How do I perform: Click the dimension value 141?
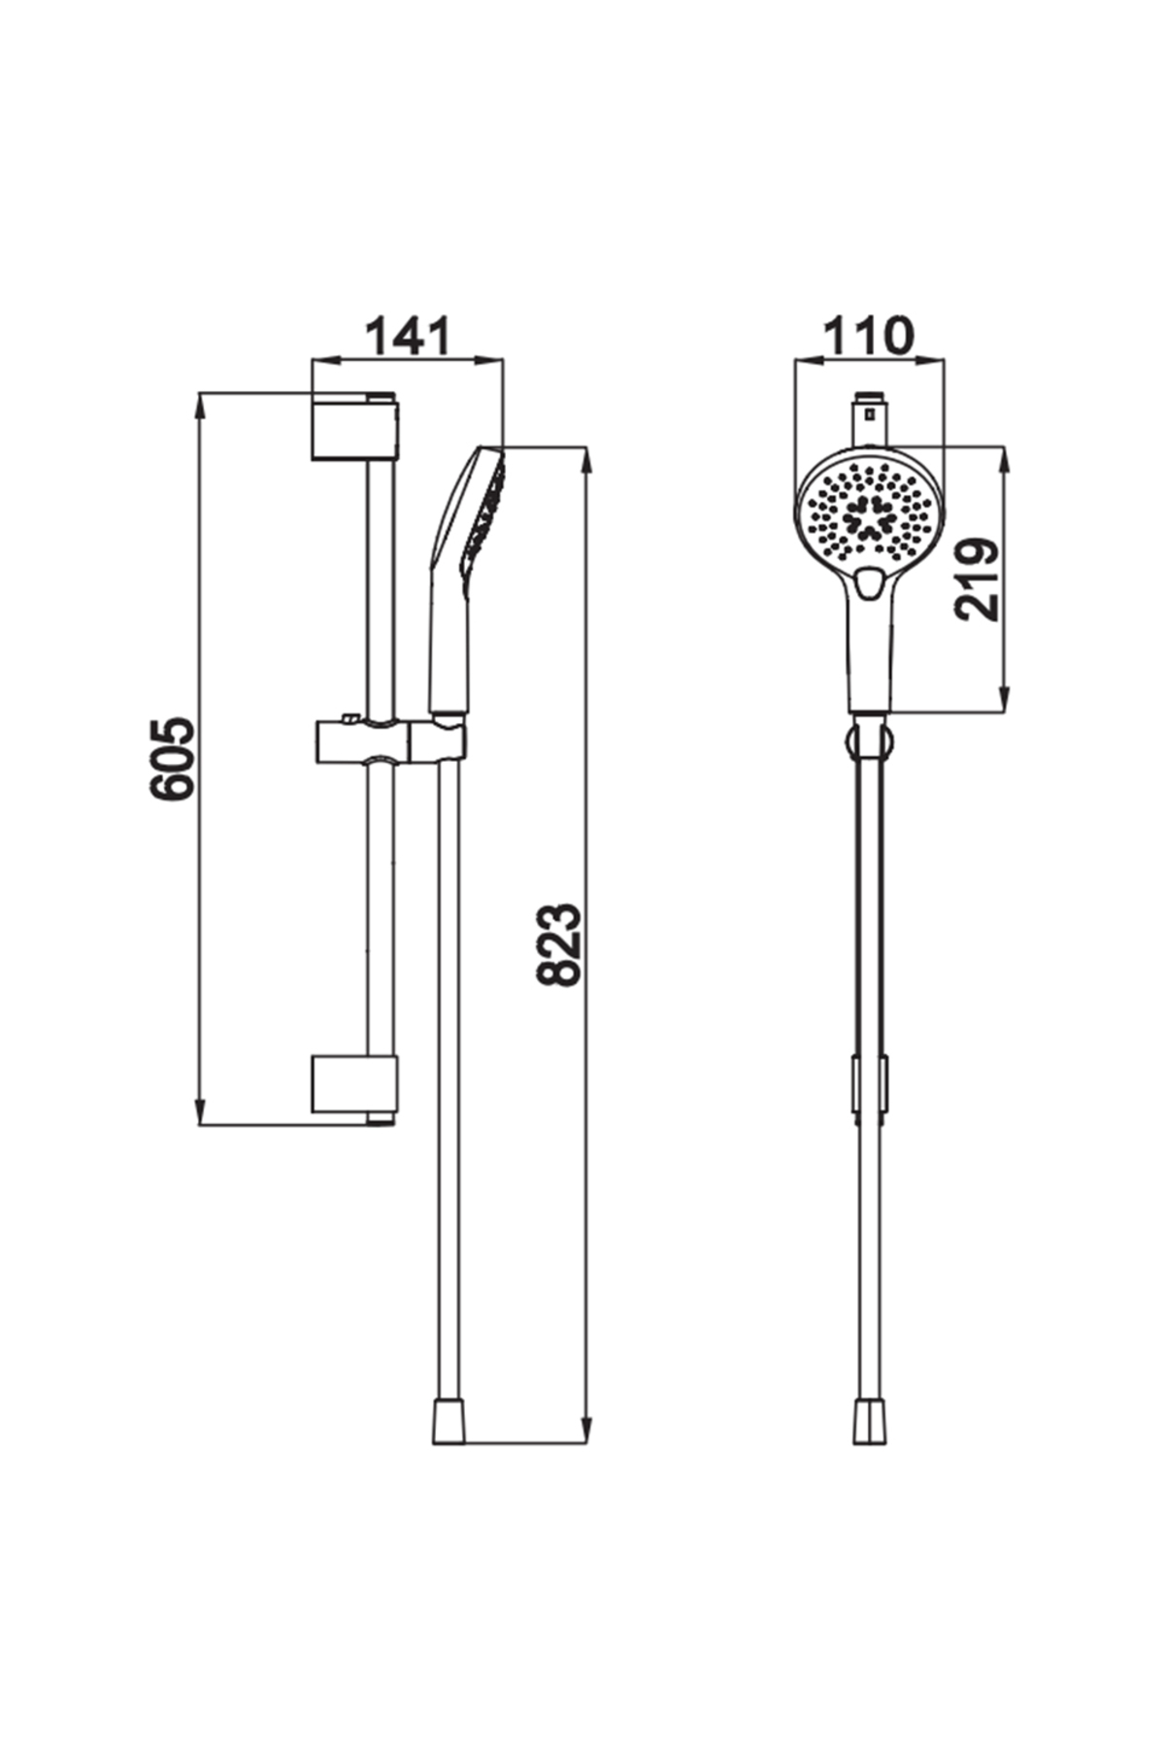tap(408, 337)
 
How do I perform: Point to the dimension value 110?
tap(869, 336)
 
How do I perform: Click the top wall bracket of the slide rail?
tap(353, 427)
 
